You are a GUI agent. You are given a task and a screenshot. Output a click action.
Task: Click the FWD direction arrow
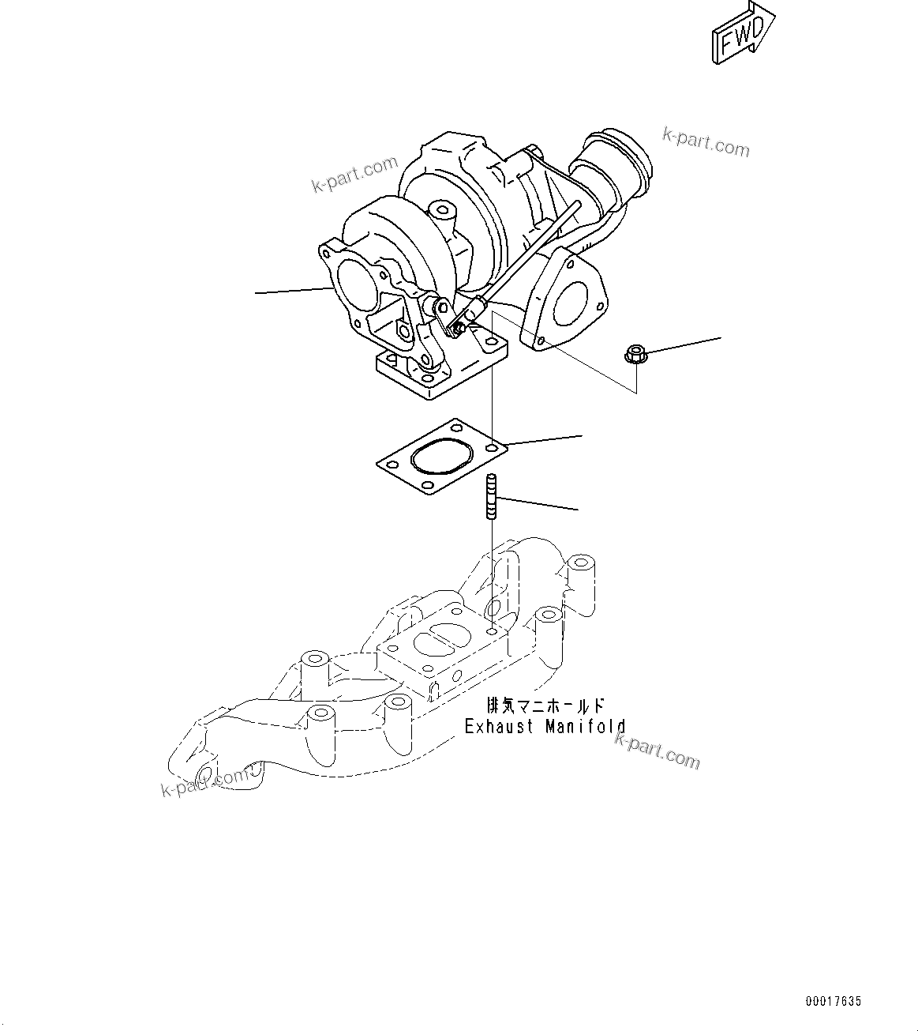click(x=743, y=34)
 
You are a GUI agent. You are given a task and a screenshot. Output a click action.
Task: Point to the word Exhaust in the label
click(x=499, y=727)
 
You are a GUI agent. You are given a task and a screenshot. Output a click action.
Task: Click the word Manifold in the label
click(x=586, y=727)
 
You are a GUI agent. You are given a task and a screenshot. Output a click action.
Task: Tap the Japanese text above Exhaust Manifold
click(x=545, y=705)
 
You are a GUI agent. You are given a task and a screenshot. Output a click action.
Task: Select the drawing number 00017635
click(x=833, y=1001)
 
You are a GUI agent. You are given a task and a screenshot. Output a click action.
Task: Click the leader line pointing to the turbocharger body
click(x=292, y=292)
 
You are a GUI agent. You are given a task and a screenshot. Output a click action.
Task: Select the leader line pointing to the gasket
click(x=545, y=440)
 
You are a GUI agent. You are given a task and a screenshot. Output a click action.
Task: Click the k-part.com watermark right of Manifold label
click(x=657, y=751)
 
